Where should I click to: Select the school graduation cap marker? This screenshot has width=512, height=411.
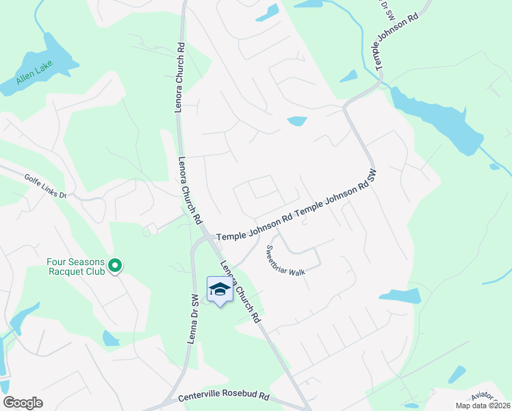click(219, 290)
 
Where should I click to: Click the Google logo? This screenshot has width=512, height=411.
click(23, 403)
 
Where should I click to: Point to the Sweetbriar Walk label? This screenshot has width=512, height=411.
click(285, 260)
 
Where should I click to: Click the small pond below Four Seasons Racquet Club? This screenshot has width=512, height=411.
click(110, 338)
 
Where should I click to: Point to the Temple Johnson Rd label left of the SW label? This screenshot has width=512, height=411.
click(255, 227)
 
